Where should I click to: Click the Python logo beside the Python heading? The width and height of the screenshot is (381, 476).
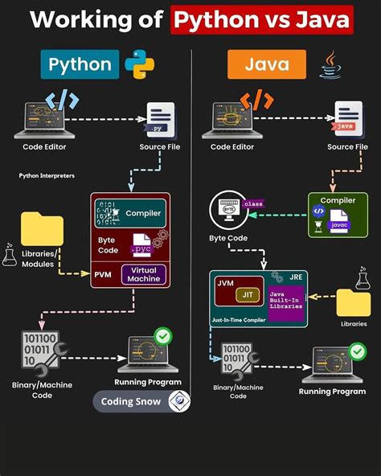(x=140, y=66)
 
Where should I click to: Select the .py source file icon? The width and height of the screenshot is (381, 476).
(x=161, y=119)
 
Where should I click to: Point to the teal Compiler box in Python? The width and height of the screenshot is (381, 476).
(x=131, y=213)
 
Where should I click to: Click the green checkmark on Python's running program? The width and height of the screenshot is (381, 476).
(x=162, y=334)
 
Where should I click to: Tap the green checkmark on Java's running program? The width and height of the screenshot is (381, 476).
(x=356, y=351)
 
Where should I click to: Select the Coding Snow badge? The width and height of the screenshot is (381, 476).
(x=141, y=400)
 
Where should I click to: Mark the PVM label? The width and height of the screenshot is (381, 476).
(x=104, y=273)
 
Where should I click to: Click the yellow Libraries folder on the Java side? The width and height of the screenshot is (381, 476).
(x=353, y=303)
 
